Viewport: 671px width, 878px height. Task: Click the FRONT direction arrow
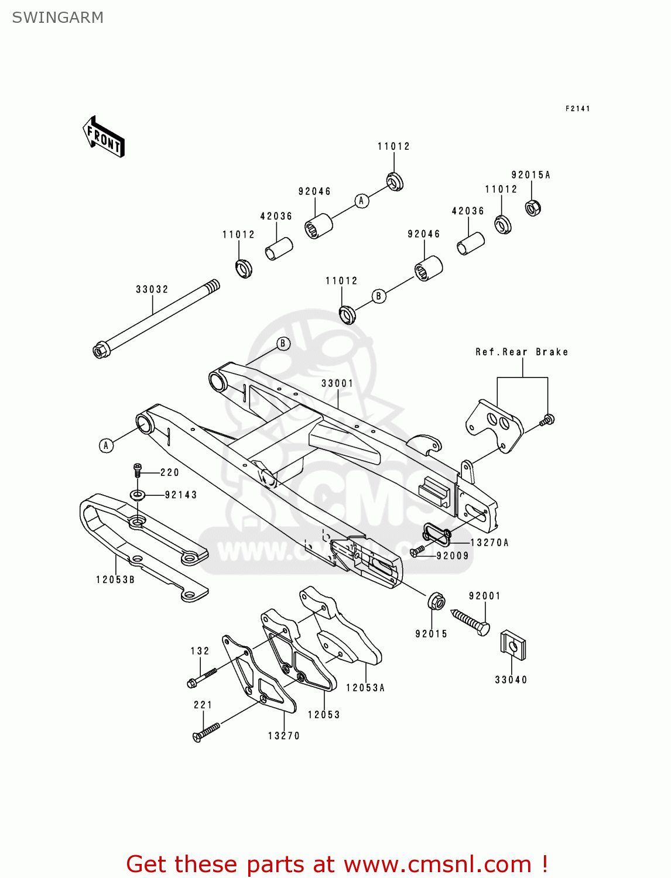[x=104, y=136]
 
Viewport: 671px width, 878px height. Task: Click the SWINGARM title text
[x=57, y=18]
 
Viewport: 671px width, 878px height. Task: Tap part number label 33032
[x=152, y=289]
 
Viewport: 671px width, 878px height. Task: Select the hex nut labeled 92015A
[x=532, y=207]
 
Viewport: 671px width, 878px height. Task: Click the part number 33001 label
[x=337, y=383]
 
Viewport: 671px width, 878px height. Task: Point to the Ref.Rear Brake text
[x=521, y=352]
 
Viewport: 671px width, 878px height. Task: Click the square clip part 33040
[x=512, y=644]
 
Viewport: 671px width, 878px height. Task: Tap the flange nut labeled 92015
[x=436, y=601]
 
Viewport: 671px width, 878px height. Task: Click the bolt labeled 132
[x=201, y=678]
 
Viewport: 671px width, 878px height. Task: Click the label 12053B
[x=115, y=579]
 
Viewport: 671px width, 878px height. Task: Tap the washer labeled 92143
[x=138, y=495]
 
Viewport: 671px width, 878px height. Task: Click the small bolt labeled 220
[x=138, y=469]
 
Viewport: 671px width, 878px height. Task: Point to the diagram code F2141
[x=577, y=108]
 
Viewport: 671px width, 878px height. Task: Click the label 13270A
[x=489, y=543]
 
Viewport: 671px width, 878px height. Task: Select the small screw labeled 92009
[x=417, y=551]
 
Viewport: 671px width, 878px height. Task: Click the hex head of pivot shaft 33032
[x=100, y=351]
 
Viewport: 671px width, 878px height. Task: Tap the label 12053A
[x=365, y=688]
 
